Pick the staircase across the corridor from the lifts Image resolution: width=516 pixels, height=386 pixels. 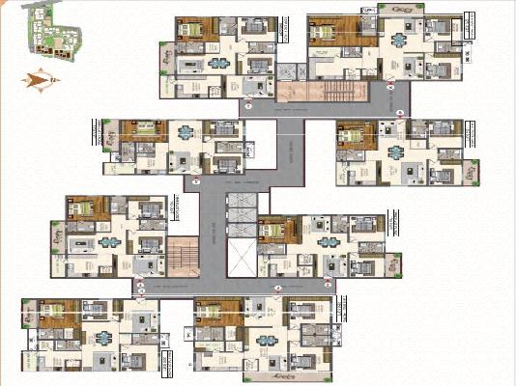(182, 260)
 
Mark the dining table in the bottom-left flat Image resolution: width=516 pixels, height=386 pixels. (100, 337)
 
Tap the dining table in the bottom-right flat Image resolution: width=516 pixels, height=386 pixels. (268, 338)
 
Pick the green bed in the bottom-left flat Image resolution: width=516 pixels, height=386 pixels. (53, 310)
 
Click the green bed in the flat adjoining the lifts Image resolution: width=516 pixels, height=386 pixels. (275, 230)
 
